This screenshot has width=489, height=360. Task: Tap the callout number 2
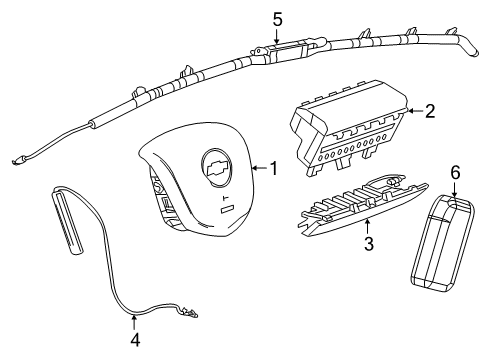coord(429,112)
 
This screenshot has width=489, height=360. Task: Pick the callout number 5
coord(278,17)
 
